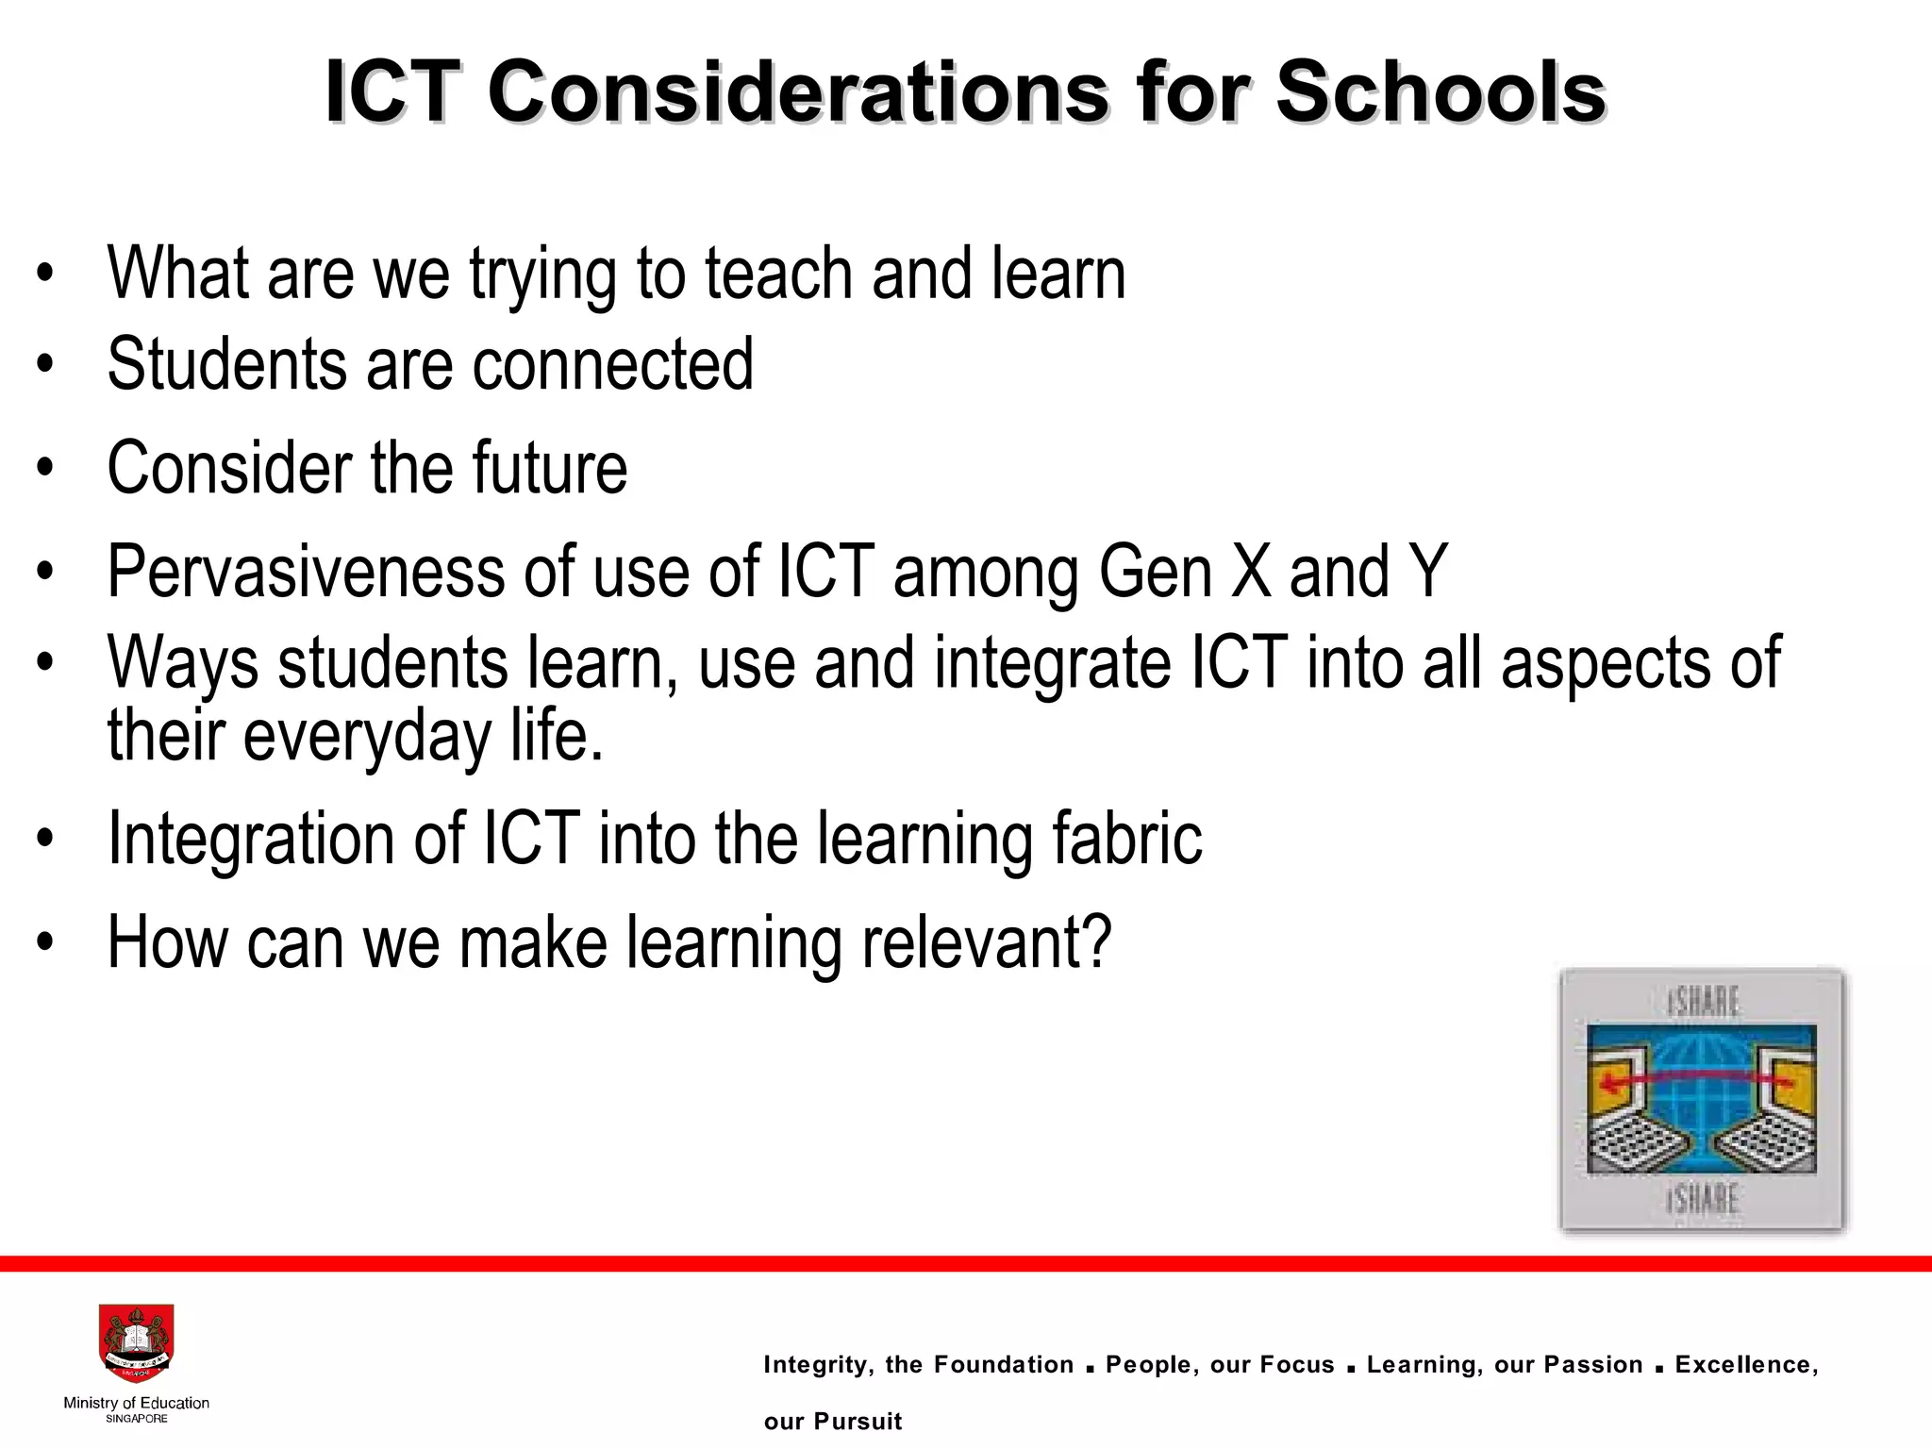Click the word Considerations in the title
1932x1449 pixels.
798,93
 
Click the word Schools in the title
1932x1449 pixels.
1441,93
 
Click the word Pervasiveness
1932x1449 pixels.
306,572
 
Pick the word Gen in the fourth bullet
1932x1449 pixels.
1155,572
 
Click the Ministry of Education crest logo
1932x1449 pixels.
136,1343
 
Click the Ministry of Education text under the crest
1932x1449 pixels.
136,1403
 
